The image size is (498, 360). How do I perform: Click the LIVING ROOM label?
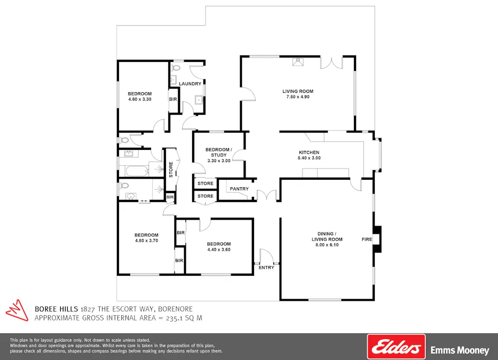(298, 91)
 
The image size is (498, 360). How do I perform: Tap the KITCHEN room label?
(309, 153)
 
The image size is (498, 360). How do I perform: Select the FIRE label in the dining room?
(367, 239)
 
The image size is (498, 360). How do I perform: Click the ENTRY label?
(266, 268)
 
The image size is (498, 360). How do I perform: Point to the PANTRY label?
(239, 189)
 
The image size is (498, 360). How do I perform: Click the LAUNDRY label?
(190, 84)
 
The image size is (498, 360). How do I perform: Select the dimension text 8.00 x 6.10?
(327, 245)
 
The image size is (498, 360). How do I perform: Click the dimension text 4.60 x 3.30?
(140, 99)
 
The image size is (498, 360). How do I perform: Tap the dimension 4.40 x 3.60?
(219, 250)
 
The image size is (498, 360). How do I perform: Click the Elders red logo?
(396, 347)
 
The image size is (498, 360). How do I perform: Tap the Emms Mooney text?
(460, 350)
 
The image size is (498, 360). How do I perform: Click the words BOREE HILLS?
(57, 309)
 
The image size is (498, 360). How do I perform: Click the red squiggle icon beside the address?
(17, 310)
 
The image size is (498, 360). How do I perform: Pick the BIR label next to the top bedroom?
(173, 99)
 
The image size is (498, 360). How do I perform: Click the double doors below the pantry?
(267, 196)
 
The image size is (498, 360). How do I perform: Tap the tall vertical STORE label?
(171, 170)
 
